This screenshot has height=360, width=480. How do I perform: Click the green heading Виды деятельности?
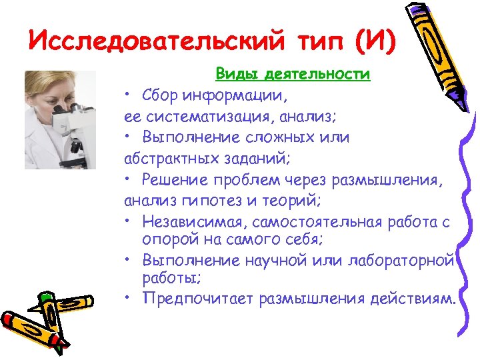293,74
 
